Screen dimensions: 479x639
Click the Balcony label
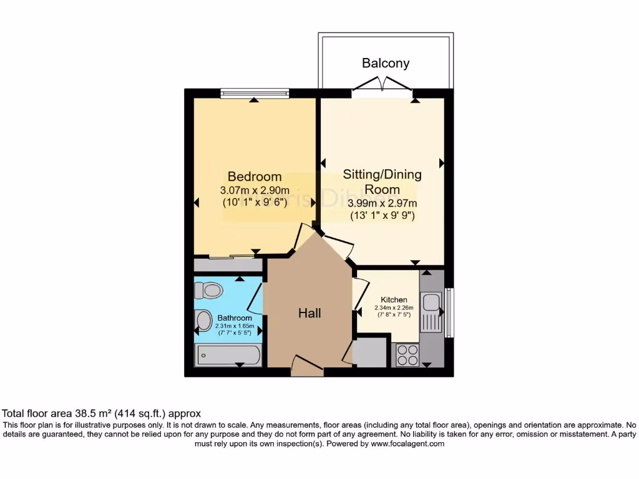(x=386, y=63)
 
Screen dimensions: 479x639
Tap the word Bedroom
(x=254, y=177)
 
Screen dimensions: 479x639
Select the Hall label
(x=310, y=313)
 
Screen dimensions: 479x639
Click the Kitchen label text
(x=394, y=299)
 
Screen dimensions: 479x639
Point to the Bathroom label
(x=235, y=318)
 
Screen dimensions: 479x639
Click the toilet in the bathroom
(x=208, y=291)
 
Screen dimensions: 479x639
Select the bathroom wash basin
(x=204, y=321)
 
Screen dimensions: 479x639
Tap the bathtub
(x=228, y=356)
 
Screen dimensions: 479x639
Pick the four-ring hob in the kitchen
(x=407, y=356)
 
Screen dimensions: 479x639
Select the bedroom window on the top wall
(x=255, y=94)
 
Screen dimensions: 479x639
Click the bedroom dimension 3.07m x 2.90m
(x=255, y=190)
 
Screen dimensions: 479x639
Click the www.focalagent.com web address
(x=407, y=444)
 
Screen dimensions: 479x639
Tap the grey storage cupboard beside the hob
(x=371, y=354)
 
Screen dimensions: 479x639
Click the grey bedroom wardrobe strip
(x=227, y=265)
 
